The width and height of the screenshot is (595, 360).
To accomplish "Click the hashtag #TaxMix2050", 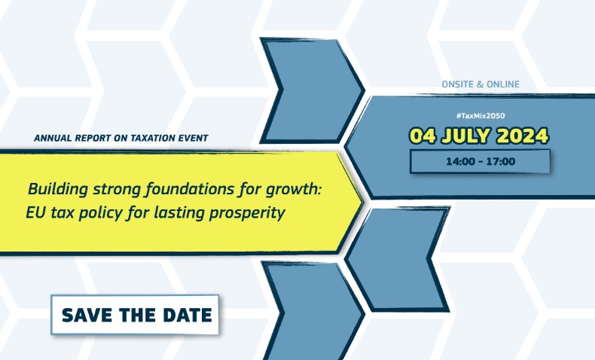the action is (x=481, y=116).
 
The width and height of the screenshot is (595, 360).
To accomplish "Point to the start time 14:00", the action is (x=460, y=162).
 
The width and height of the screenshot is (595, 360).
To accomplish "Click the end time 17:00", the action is (x=501, y=162).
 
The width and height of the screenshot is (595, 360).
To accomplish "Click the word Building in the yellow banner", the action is (x=58, y=189).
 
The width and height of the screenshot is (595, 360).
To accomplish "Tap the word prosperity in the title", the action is (x=247, y=213).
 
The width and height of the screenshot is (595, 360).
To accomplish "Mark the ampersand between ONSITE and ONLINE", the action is (x=480, y=84).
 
